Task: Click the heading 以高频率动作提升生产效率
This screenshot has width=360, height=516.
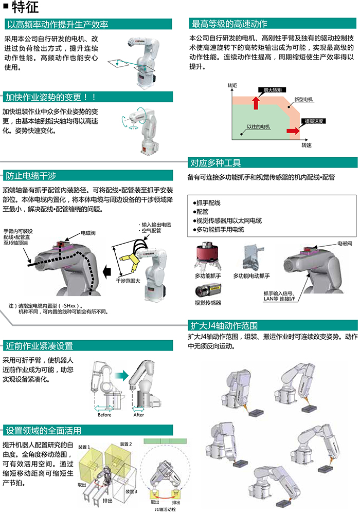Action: tap(58, 24)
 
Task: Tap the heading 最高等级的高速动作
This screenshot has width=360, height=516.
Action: tap(229, 24)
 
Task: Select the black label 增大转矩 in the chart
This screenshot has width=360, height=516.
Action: tap(273, 90)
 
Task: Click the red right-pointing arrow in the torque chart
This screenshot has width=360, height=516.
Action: tap(293, 131)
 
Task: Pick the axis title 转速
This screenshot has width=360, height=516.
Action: tap(307, 145)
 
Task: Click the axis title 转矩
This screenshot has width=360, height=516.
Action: tap(232, 85)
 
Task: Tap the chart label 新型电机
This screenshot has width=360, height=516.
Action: tap(303, 99)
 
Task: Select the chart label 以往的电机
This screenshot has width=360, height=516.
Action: tap(258, 126)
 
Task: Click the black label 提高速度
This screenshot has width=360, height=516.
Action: tap(314, 121)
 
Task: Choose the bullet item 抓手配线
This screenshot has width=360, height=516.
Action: tap(207, 202)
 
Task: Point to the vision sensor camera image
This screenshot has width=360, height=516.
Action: tap(207, 290)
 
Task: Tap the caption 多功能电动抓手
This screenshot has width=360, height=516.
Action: tap(251, 276)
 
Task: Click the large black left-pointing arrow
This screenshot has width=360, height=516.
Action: tap(107, 272)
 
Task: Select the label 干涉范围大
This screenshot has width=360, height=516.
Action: tap(128, 281)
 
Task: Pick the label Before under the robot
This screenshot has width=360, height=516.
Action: tap(104, 415)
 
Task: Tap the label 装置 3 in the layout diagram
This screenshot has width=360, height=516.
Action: tap(131, 491)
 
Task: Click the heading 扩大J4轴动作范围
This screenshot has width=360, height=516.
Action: tap(224, 325)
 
